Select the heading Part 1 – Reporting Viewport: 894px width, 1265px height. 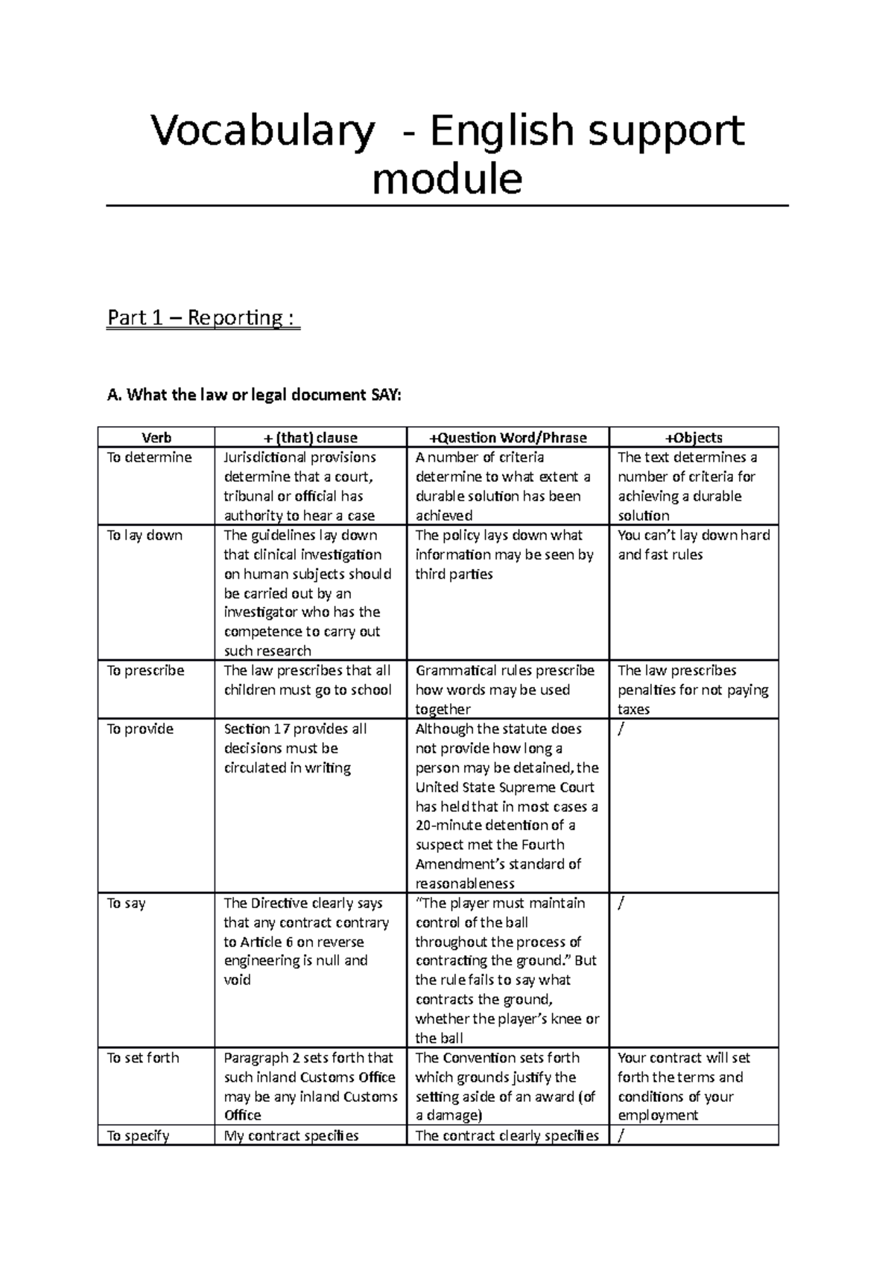point(203,318)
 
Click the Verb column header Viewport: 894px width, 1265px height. point(156,437)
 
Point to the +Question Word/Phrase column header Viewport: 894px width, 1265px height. point(507,437)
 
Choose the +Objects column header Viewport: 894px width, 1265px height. point(694,437)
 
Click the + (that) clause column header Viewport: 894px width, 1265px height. point(310,437)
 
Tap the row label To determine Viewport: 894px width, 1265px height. point(149,457)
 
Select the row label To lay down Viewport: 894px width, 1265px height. point(145,535)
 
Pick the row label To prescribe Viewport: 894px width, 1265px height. point(145,670)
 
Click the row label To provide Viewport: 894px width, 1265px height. point(140,729)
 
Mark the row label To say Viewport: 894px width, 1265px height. point(124,903)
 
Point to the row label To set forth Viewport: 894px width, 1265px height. point(143,1058)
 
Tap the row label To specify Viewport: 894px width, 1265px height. point(138,1136)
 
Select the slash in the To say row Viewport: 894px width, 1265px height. point(621,903)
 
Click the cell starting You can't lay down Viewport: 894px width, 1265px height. point(693,545)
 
